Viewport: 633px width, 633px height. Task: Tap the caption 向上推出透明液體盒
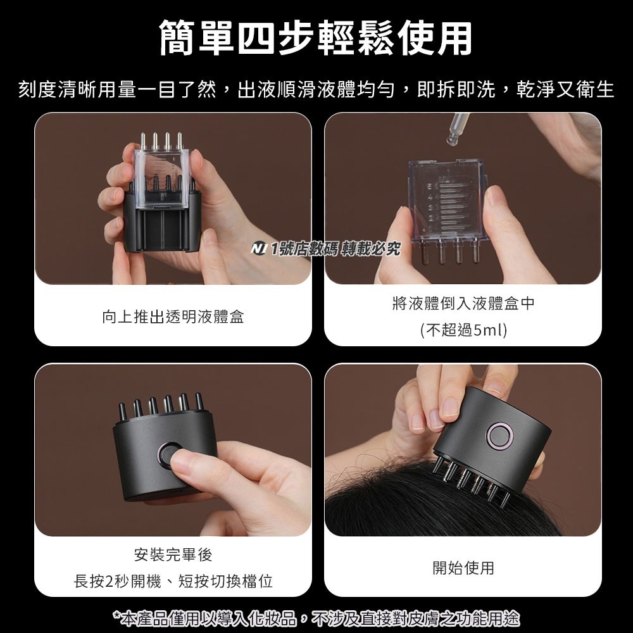point(173,316)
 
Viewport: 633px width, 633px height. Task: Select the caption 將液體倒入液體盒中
point(463,304)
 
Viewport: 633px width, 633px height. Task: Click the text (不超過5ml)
point(463,330)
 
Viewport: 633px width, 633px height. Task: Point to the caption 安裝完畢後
point(173,555)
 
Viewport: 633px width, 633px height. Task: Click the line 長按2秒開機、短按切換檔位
point(173,581)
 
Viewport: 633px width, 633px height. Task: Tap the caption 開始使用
point(463,568)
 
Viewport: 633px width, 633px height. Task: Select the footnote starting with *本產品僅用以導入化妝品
point(316,617)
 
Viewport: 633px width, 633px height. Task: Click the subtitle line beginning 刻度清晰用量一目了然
point(316,89)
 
